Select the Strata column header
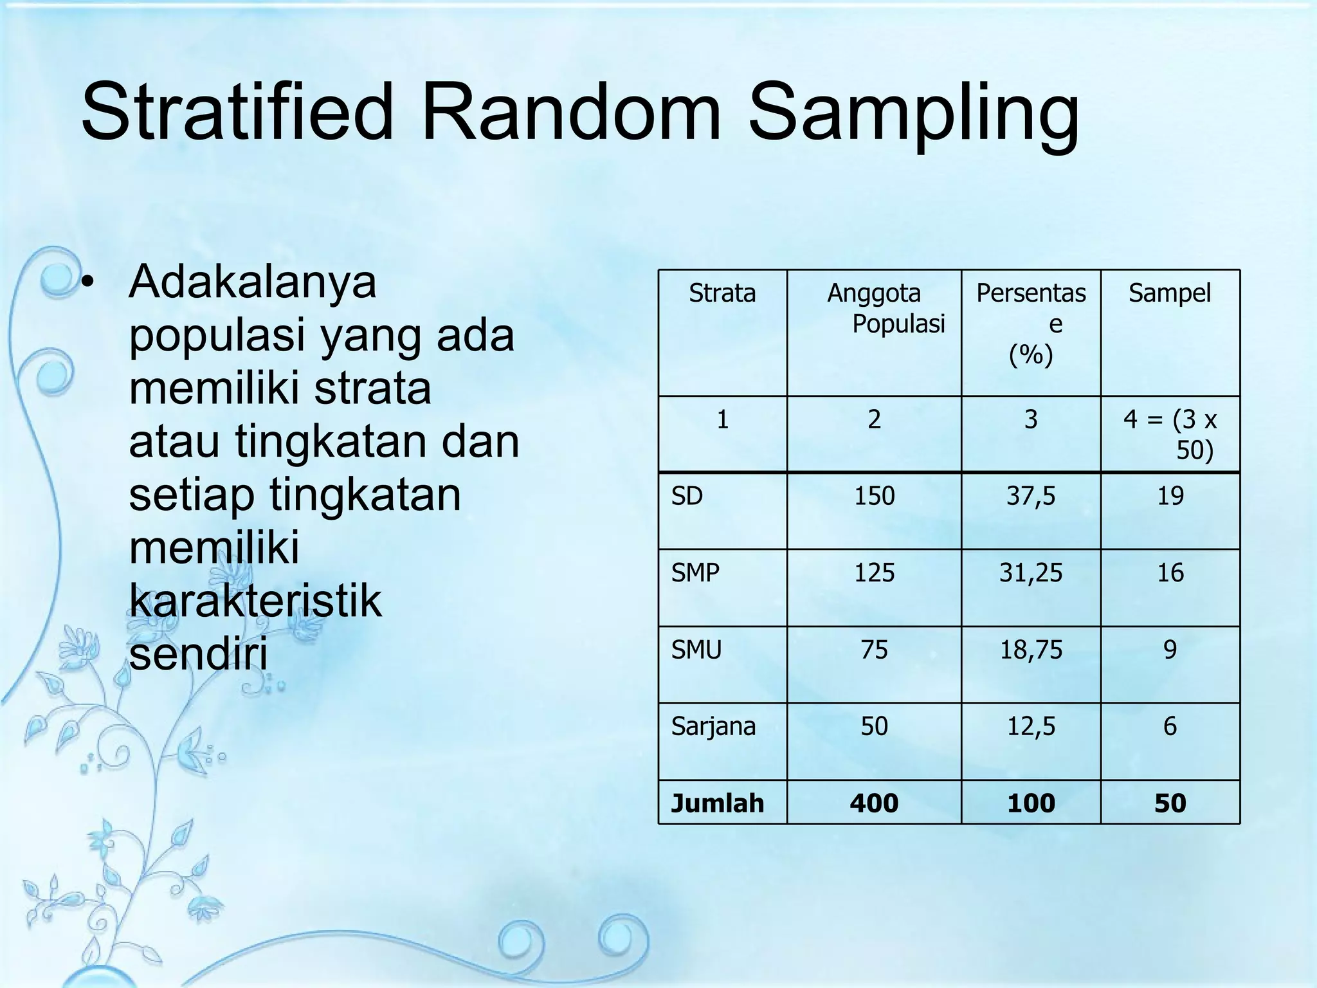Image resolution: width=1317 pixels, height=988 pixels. point(722,293)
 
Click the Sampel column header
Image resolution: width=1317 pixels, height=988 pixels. point(1170,293)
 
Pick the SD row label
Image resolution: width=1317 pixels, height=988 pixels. point(687,496)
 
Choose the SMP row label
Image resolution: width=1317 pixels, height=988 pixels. point(695,572)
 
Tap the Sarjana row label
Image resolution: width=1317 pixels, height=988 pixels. point(713,726)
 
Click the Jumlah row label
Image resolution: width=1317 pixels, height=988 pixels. point(717,803)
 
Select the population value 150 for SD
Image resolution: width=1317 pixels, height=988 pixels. point(874,496)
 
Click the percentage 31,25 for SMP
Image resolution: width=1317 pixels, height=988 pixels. point(1031,572)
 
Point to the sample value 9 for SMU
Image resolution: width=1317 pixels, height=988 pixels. point(1170,650)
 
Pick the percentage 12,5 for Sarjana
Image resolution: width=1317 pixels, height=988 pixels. point(1031,726)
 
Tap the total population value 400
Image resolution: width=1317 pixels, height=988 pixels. point(874,803)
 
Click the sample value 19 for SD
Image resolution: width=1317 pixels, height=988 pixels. point(1170,496)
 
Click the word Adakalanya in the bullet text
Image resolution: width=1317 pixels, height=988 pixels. point(252,283)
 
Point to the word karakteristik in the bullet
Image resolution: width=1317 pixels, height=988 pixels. point(255,601)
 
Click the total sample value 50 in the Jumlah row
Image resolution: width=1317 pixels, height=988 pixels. point(1170,803)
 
